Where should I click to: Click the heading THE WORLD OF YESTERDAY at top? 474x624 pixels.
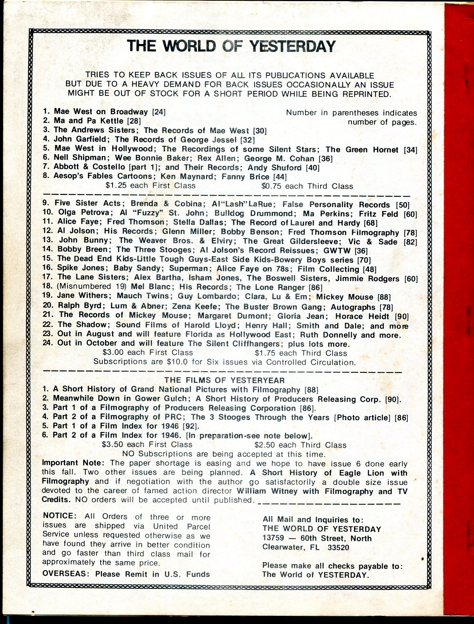pos(231,46)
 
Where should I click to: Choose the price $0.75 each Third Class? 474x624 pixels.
pos(307,186)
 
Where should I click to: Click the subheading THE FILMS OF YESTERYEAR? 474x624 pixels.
pos(225,380)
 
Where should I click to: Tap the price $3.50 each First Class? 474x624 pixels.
pos(147,444)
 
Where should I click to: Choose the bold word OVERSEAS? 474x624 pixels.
pos(67,574)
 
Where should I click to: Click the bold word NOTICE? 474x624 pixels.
pos(59,517)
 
